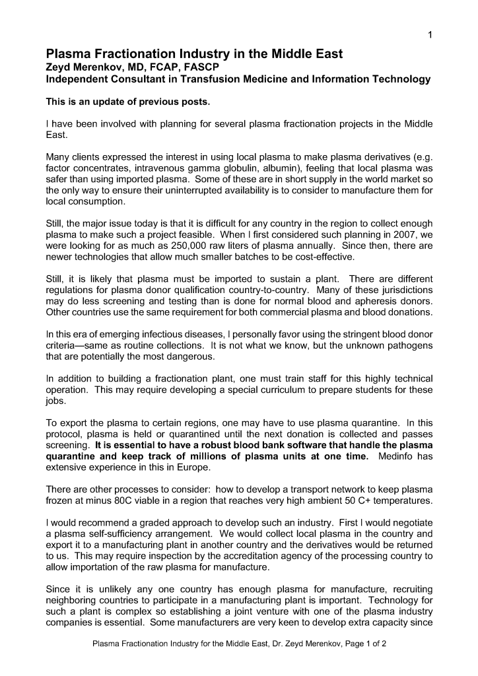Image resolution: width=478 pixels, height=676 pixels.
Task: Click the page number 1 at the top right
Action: [x=430, y=35]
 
